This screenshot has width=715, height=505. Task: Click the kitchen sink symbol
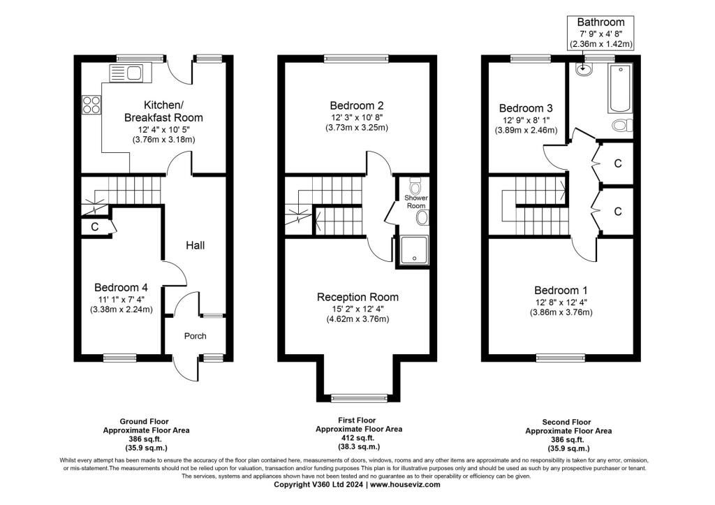[126, 73]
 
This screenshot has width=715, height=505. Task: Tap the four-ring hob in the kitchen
[91, 105]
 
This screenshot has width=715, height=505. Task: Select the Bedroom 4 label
[121, 287]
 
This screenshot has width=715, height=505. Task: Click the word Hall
[196, 245]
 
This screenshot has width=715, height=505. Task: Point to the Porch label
[196, 336]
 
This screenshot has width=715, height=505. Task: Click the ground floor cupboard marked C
[95, 227]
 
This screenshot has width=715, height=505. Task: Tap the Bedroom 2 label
[357, 106]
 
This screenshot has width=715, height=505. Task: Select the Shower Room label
[416, 202]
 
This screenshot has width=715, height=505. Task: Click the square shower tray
[414, 250]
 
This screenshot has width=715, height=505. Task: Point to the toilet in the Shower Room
[415, 185]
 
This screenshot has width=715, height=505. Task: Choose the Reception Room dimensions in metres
[357, 319]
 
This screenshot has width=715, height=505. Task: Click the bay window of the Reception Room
[360, 398]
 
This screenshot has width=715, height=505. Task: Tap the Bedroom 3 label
[526, 108]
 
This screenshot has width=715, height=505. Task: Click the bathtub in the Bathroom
[620, 89]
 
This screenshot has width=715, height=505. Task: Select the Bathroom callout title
[600, 22]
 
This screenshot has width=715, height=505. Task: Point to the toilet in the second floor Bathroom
[622, 125]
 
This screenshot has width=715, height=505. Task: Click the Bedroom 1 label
[561, 290]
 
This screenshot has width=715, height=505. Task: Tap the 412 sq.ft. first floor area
[359, 438]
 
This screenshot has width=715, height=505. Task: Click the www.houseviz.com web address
[405, 485]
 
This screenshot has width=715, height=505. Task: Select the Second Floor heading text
[566, 423]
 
